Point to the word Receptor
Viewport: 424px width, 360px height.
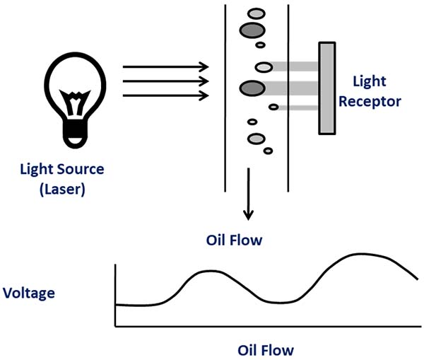point(370,101)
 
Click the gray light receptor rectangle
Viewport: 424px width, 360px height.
point(326,88)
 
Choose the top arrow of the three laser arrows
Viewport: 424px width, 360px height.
point(166,67)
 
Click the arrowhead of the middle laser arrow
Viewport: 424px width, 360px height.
point(206,81)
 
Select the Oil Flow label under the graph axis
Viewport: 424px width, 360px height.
point(264,349)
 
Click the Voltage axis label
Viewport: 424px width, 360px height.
point(29,291)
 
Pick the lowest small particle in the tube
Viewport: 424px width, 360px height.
point(268,150)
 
